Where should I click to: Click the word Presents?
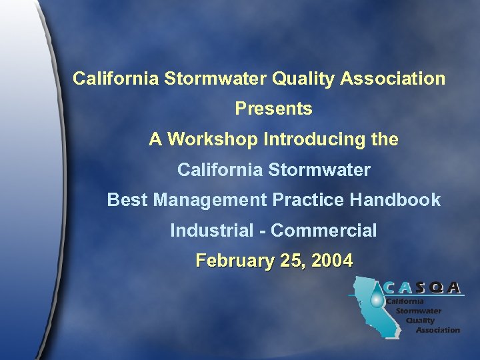273,109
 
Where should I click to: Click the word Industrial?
211,231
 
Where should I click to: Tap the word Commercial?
324,231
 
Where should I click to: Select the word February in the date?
230,261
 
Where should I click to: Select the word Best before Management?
127,200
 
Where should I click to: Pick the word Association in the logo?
437,330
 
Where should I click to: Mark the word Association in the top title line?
393,79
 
